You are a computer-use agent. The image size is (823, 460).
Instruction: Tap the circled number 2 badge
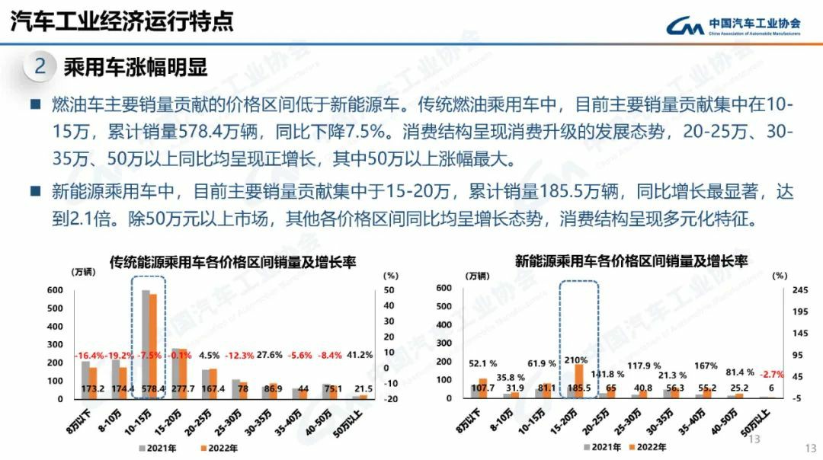pyautogui.click(x=40, y=67)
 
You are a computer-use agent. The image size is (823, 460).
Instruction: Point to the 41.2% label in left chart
pyautogui.click(x=360, y=355)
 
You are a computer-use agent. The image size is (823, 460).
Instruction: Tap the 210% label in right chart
pyautogui.click(x=575, y=359)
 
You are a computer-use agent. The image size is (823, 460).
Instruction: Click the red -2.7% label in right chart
pyautogui.click(x=766, y=374)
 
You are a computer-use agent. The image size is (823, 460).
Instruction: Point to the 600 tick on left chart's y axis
pyautogui.click(x=54, y=290)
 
